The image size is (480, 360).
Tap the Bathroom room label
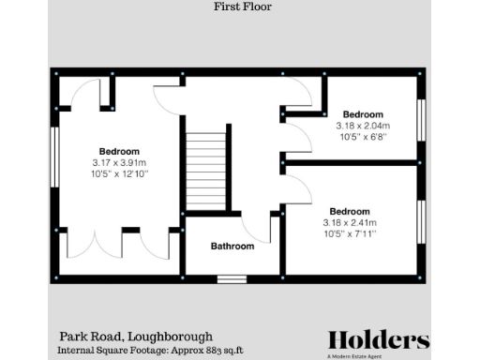(x=232, y=247)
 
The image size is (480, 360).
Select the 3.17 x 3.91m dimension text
(x=120, y=162)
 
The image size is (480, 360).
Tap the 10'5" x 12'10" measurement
(x=120, y=173)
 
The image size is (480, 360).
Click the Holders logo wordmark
(x=379, y=339)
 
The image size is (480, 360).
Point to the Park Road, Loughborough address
(x=137, y=336)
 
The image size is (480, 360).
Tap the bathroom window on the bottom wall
(x=231, y=277)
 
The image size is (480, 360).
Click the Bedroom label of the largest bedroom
(x=120, y=151)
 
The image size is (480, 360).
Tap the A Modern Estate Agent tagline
(x=379, y=355)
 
